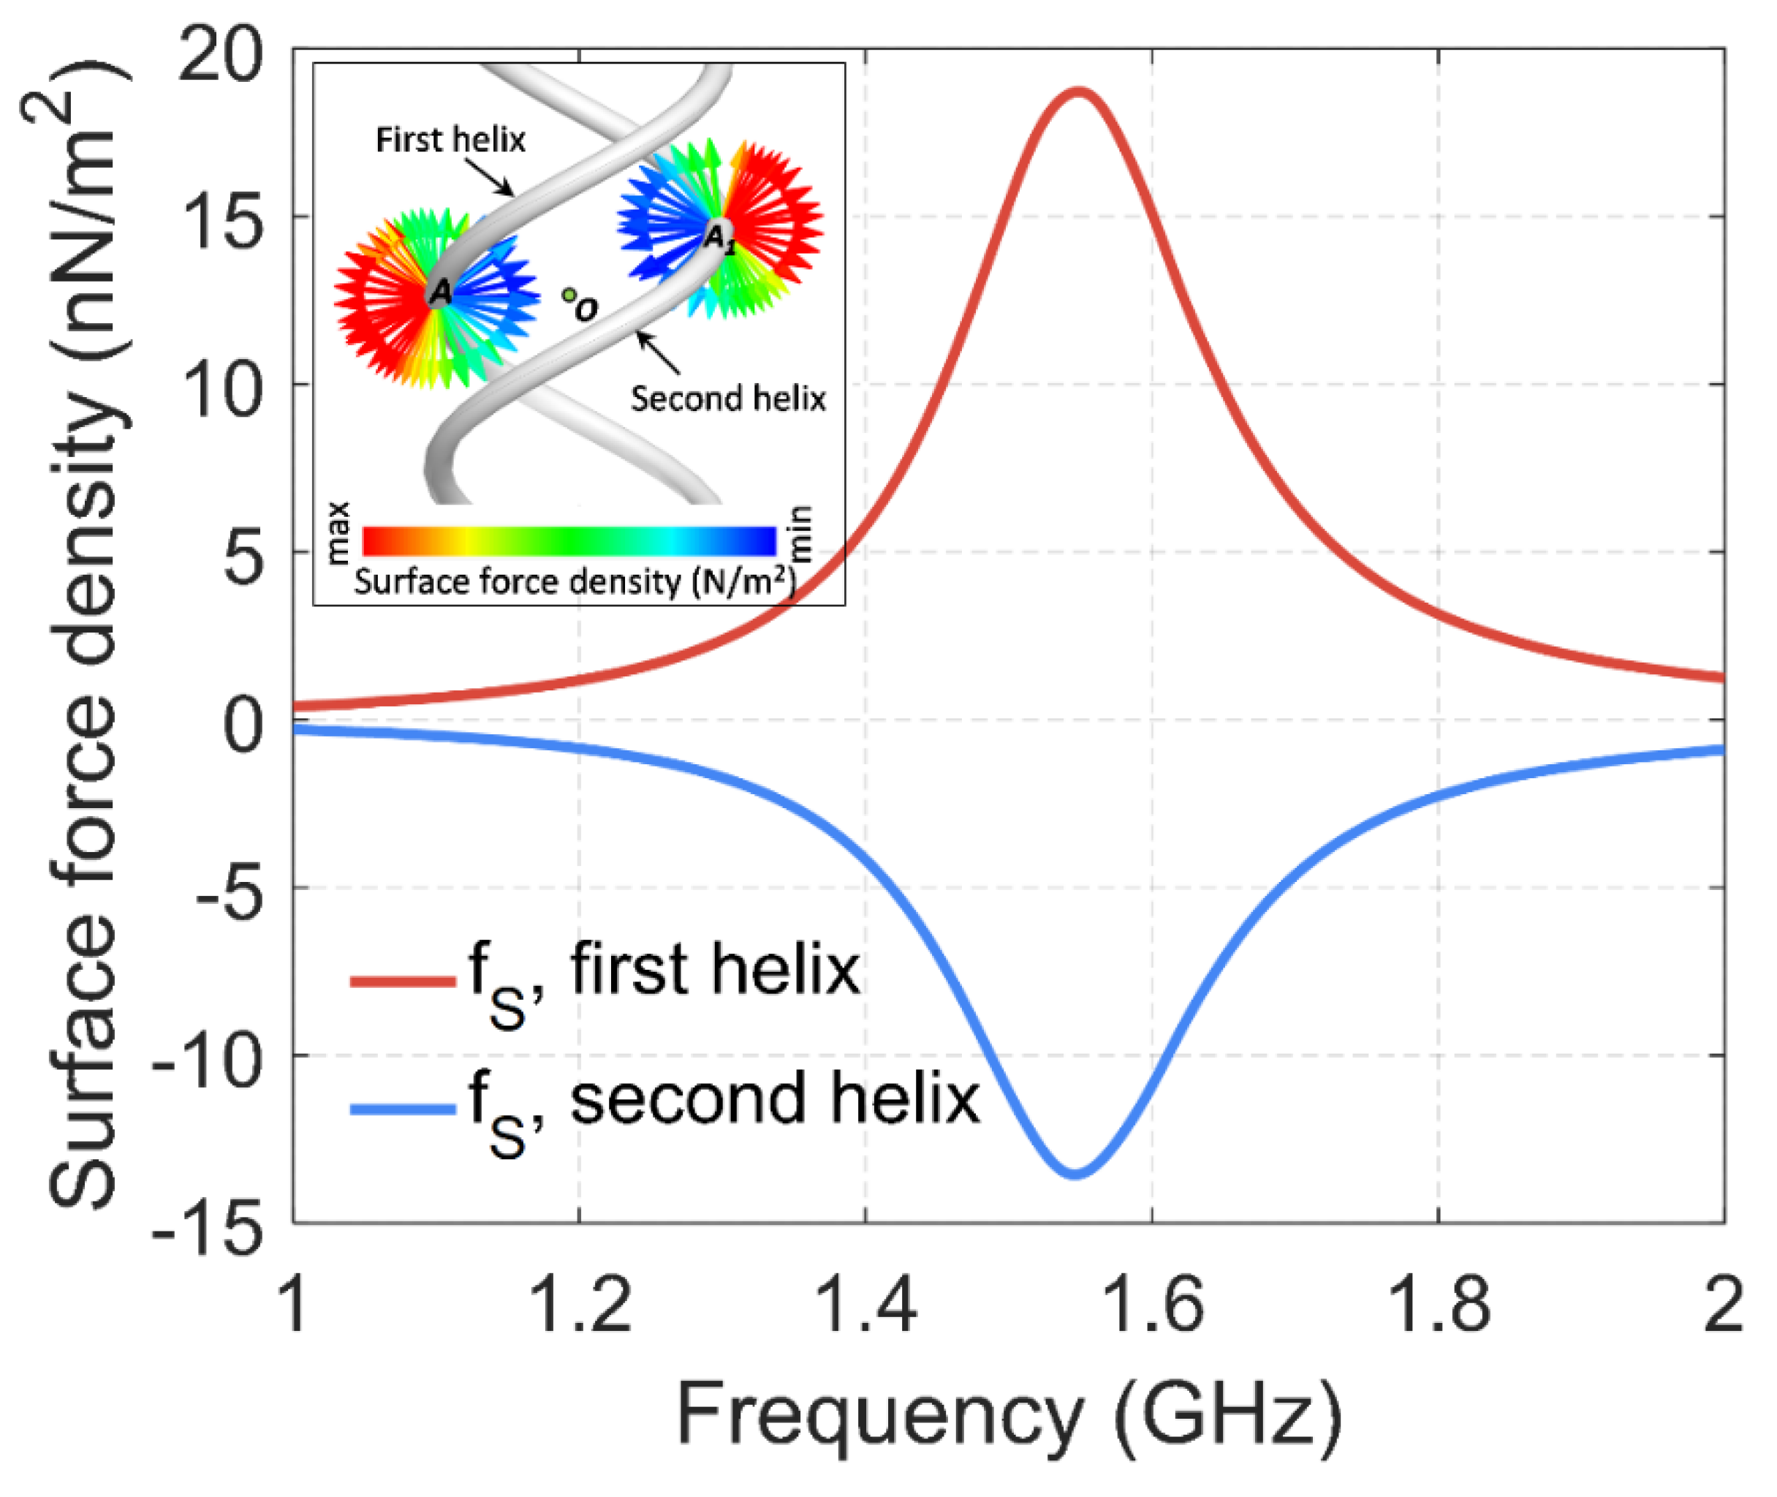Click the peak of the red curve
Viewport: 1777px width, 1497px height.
pyautogui.click(x=1077, y=91)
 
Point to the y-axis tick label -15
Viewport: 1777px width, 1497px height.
pyautogui.click(x=206, y=1229)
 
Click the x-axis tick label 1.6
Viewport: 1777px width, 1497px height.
pyautogui.click(x=1152, y=1305)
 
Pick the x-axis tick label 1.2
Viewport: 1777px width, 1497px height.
pyautogui.click(x=580, y=1305)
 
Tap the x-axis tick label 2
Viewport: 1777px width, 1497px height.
pyautogui.click(x=1723, y=1305)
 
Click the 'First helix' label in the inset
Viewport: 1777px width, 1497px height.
pyautogui.click(x=450, y=140)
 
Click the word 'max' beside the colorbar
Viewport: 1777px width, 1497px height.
pyautogui.click(x=338, y=533)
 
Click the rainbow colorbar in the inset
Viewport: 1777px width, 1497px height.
pyautogui.click(x=568, y=540)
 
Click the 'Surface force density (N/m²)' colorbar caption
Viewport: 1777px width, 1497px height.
pyautogui.click(x=575, y=582)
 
